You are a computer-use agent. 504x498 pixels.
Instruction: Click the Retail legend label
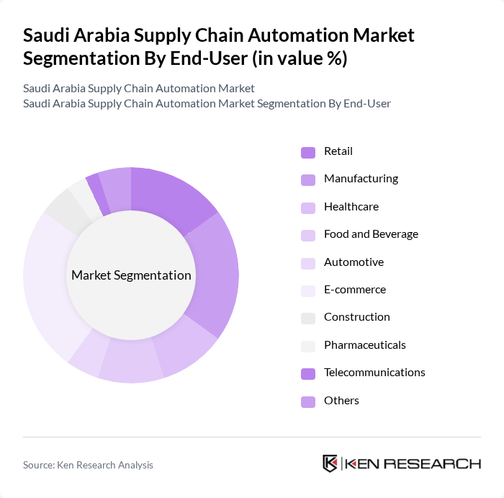(x=338, y=151)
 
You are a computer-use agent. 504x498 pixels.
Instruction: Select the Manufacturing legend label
(x=361, y=179)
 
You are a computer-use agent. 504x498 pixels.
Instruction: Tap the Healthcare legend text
(x=351, y=206)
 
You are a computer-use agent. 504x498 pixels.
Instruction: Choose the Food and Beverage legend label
(x=371, y=234)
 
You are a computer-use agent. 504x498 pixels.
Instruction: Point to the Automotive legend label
(x=354, y=262)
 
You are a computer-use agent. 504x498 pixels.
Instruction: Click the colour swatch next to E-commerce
(x=308, y=290)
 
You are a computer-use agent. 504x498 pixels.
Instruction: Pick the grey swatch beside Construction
(x=308, y=318)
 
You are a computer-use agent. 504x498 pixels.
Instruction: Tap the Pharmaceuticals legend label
(x=364, y=344)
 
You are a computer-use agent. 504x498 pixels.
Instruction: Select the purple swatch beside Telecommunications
(x=308, y=373)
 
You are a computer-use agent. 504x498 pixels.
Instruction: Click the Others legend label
(x=341, y=400)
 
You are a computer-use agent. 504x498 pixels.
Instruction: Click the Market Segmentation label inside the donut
(x=131, y=275)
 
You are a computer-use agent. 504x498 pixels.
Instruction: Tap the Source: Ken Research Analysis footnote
(x=88, y=465)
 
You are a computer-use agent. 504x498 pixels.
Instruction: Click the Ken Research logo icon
(x=330, y=463)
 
